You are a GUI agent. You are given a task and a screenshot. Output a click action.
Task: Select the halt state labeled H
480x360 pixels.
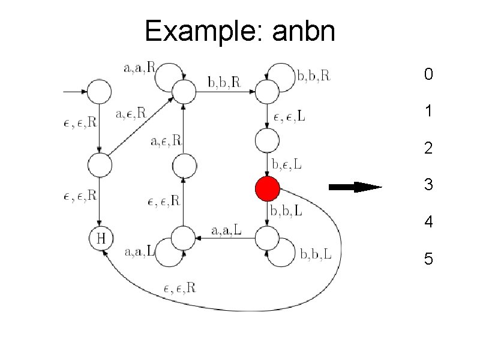tap(101, 238)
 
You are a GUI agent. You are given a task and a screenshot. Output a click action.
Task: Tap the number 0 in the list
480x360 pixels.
tap(428, 74)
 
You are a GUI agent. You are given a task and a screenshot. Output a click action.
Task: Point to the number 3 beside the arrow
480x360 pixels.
tap(428, 185)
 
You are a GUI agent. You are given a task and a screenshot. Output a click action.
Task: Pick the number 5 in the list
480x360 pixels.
tap(428, 259)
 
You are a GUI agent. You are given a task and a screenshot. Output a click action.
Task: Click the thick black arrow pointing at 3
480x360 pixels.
tap(356, 187)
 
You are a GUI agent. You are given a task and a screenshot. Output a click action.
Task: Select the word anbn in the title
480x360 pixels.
tap(303, 31)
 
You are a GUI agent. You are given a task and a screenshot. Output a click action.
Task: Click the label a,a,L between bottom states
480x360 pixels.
tap(227, 230)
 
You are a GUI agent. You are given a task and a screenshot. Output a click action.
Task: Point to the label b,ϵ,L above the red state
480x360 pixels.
tap(287, 164)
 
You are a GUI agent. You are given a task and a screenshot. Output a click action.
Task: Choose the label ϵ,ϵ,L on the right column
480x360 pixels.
tap(289, 116)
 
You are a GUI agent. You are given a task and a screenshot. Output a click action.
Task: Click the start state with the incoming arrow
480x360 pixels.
tap(100, 92)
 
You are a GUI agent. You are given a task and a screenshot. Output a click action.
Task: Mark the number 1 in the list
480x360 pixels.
tap(428, 112)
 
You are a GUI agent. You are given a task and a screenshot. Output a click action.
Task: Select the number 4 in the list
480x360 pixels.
tap(428, 222)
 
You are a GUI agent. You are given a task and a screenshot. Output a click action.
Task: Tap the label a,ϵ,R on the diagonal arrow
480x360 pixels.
tap(130, 112)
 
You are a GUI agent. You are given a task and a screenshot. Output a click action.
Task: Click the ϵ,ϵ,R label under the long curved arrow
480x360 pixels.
tap(179, 288)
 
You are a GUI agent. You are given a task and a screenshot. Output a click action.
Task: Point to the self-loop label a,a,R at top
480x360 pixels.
tap(139, 68)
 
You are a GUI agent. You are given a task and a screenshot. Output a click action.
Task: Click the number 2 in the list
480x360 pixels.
tap(428, 148)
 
